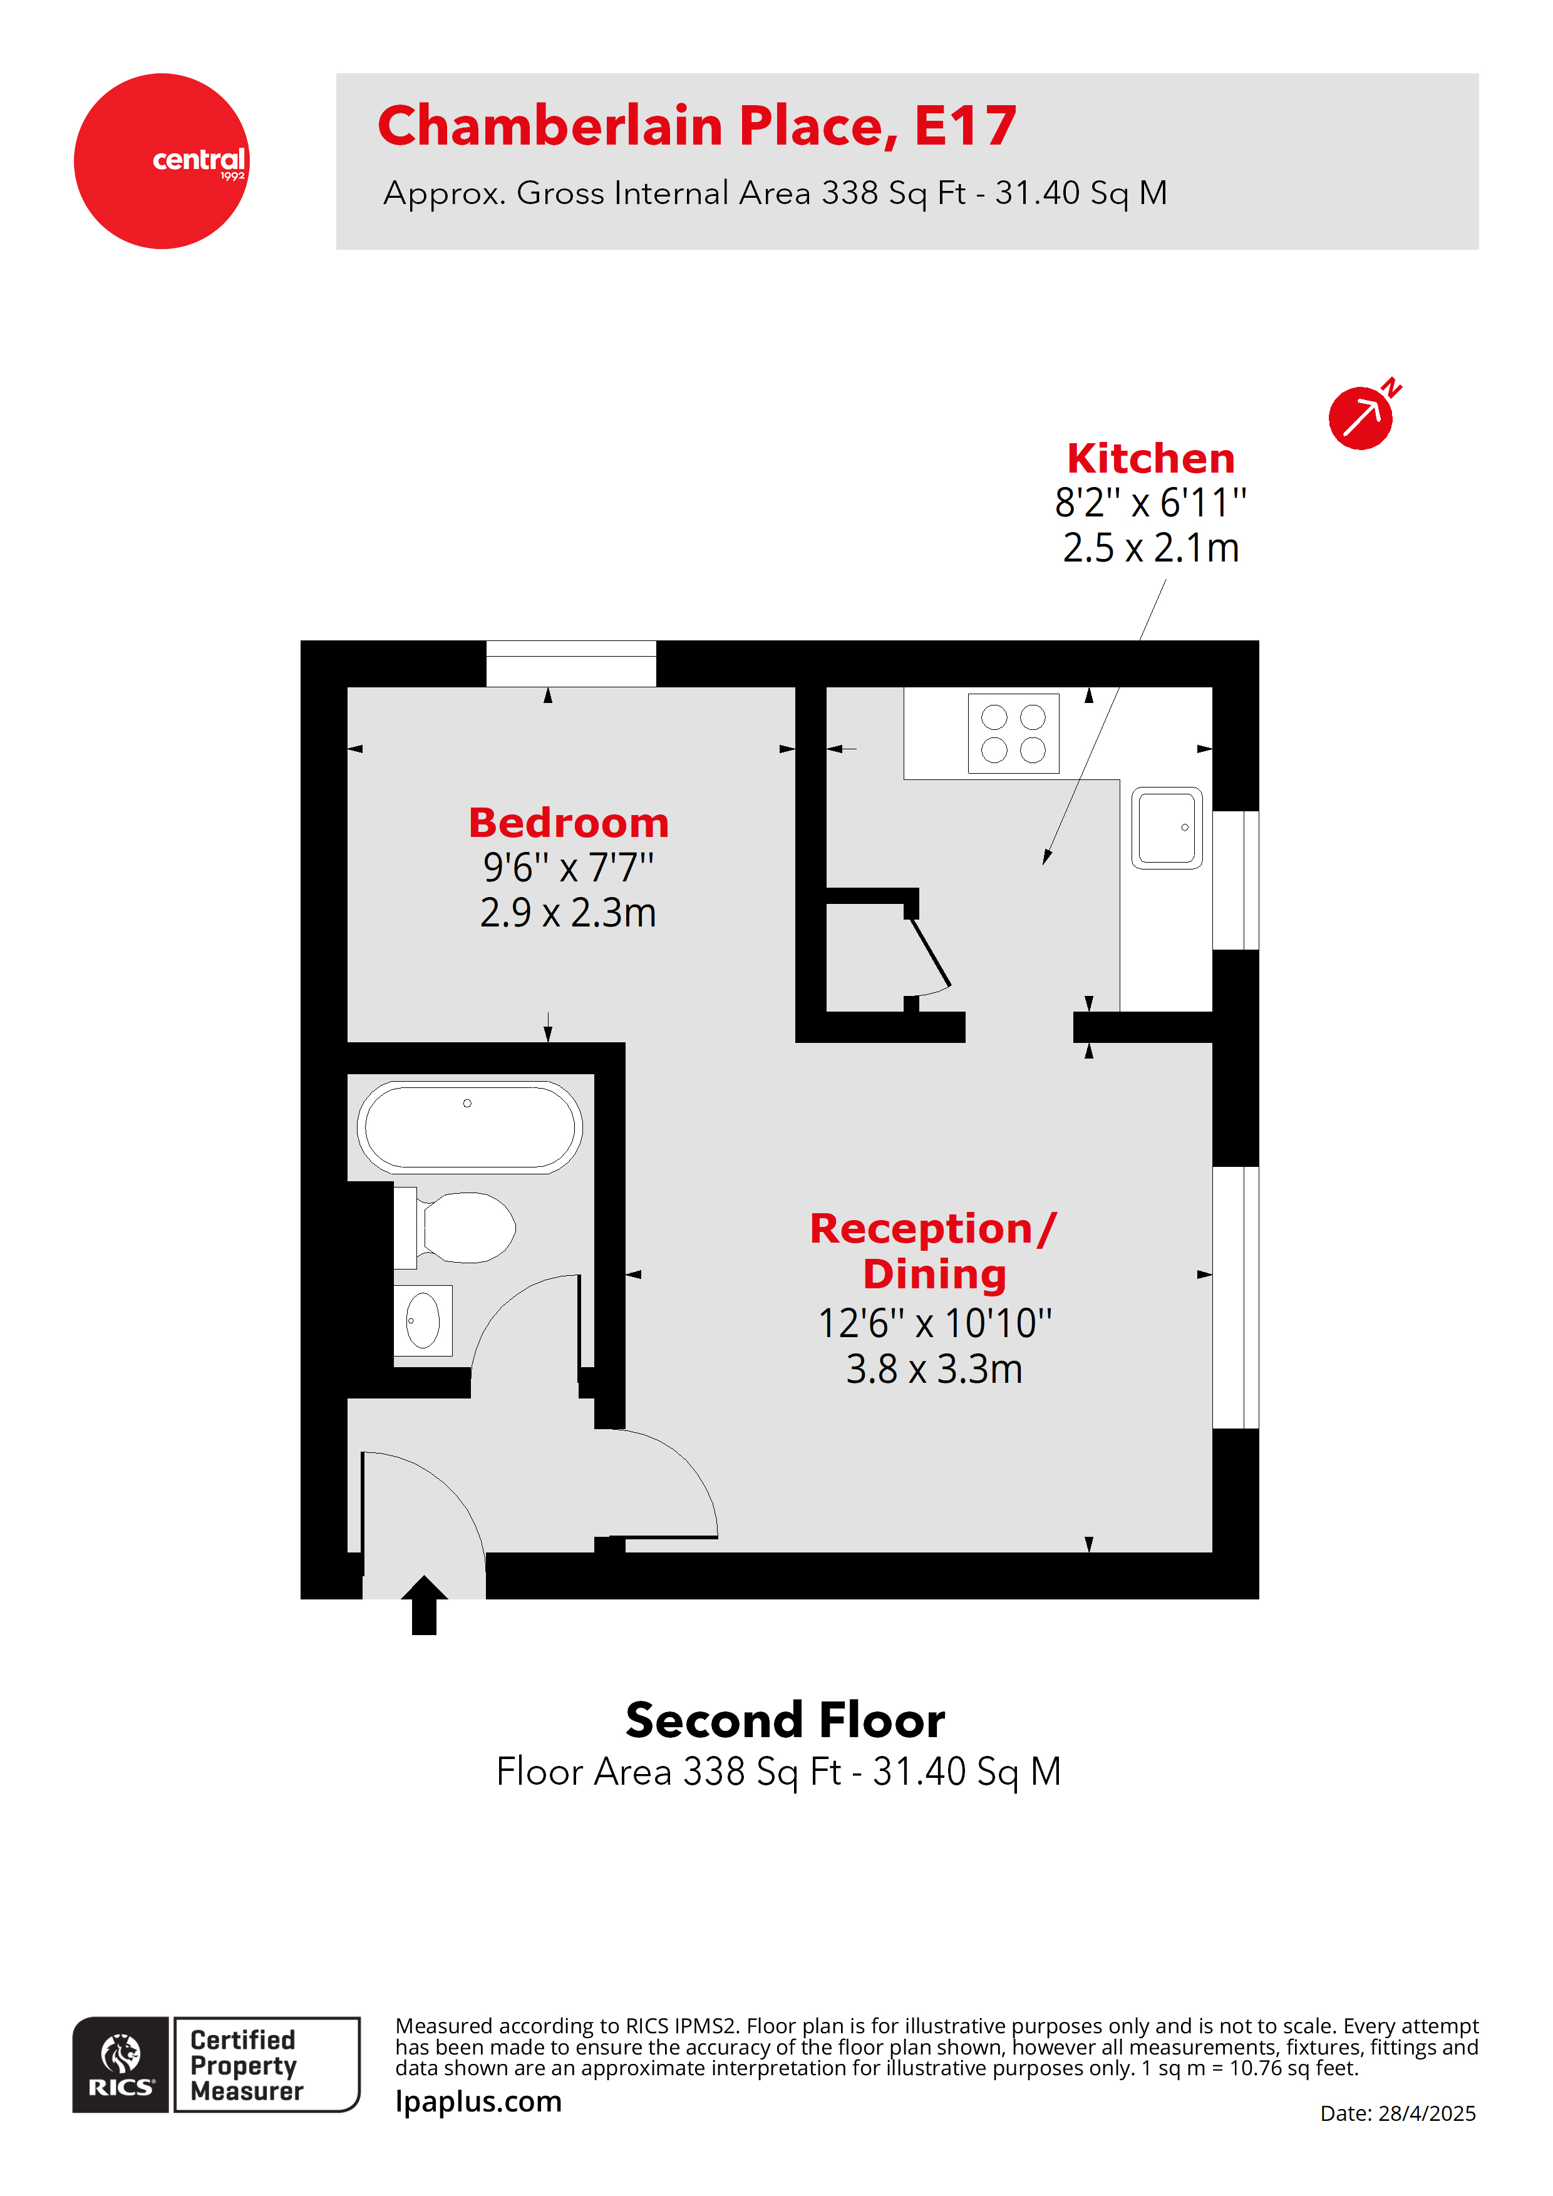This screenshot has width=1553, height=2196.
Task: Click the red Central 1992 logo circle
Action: tap(161, 161)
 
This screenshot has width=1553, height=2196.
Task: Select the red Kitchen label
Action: tap(1150, 458)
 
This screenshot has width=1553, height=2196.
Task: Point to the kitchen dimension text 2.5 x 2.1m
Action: tap(1150, 548)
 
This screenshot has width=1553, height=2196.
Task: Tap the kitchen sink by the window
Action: tap(1167, 828)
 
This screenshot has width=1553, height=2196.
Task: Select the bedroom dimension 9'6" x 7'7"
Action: tap(569, 868)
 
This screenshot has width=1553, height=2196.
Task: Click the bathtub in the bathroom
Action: tap(469, 1127)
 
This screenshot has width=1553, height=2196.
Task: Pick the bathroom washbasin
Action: tap(423, 1321)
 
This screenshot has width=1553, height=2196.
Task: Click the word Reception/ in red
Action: tap(933, 1229)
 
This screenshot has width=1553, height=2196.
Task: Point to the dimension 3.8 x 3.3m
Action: tap(933, 1370)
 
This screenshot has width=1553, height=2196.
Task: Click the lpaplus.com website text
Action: tap(478, 2101)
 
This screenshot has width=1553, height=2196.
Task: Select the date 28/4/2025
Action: tap(1426, 2114)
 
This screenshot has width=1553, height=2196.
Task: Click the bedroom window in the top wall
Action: tap(570, 663)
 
